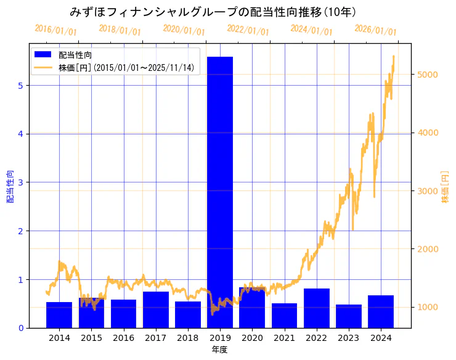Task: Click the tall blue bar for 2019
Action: tap(220, 191)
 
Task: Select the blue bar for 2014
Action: tap(59, 315)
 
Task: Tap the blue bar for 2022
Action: tap(316, 308)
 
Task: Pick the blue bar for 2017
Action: tap(156, 309)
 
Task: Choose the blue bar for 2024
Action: tap(381, 311)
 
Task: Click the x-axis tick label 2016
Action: tap(123, 338)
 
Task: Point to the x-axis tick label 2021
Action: tap(284, 338)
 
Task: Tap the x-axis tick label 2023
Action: tap(349, 338)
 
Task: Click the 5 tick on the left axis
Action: tap(20, 86)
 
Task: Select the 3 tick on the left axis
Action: tap(20, 182)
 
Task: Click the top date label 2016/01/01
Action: tap(56, 30)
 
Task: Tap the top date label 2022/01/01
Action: tap(248, 30)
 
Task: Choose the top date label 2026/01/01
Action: tap(375, 30)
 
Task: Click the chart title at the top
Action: tap(213, 12)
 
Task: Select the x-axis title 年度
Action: tap(220, 350)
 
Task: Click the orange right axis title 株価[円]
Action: tap(445, 187)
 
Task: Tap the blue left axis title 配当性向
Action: tap(10, 187)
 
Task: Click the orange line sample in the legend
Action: tap(43, 67)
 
